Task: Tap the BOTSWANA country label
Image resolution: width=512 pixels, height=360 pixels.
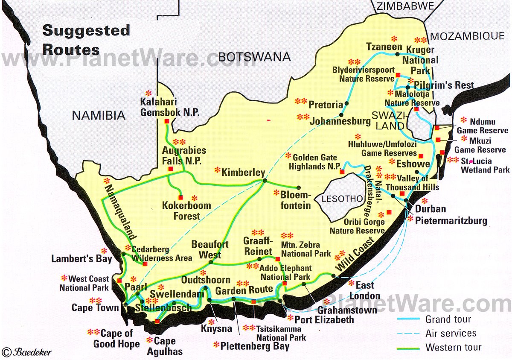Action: pos(254,57)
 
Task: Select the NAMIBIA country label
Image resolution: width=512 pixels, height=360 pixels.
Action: pos(98,115)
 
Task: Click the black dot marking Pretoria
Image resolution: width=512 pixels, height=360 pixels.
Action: pos(346,103)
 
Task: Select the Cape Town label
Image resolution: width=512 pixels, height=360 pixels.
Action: pos(95,307)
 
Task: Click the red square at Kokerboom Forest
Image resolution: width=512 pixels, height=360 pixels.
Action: pos(180,197)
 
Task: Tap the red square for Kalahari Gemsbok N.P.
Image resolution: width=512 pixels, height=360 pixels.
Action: pos(166,121)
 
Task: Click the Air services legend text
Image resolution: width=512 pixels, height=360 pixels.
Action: pos(451,334)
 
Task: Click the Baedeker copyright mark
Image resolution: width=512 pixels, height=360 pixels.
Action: pos(26,351)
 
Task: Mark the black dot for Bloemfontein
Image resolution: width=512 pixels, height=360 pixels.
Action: pos(298,187)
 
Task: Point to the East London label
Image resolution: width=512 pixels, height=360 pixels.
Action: pos(364,290)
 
